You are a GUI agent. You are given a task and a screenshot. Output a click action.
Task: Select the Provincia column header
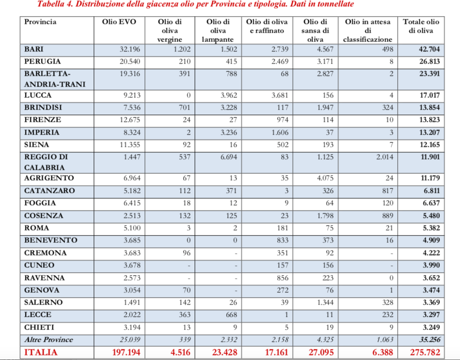tap(40, 22)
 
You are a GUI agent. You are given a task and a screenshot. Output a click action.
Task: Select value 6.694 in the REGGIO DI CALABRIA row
tap(228, 157)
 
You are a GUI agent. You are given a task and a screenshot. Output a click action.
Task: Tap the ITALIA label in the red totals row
tap(41, 352)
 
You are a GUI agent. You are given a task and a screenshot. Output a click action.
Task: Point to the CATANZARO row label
tap(49, 191)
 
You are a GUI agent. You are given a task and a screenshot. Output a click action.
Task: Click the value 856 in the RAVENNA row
tap(281, 278)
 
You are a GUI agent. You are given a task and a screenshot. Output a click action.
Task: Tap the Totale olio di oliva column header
tap(421, 26)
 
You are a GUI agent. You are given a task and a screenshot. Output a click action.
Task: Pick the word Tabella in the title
tap(50, 4)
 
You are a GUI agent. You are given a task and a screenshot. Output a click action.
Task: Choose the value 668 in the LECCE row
tap(230, 314)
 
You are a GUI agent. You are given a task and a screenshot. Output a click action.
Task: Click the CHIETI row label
tap(39, 327)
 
